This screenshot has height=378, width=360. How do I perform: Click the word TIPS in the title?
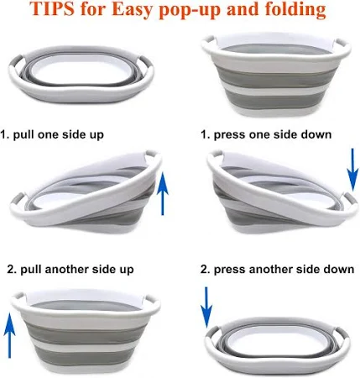pyautogui.click(x=52, y=8)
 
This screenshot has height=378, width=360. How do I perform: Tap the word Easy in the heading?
pyautogui.click(x=132, y=8)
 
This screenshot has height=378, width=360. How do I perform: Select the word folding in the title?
pyautogui.click(x=295, y=9)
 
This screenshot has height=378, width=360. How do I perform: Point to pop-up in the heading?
pyautogui.click(x=190, y=11)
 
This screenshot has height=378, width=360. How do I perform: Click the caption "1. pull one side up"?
pyautogui.click(x=52, y=134)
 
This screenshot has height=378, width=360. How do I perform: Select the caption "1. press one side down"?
pyautogui.click(x=266, y=134)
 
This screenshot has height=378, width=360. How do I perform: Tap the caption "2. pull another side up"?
pyautogui.click(x=70, y=270)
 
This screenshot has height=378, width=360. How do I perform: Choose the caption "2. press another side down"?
pyautogui.click(x=277, y=270)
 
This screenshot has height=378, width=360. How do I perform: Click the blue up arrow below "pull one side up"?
pyautogui.click(x=163, y=194)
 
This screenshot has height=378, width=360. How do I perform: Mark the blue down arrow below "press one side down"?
pyautogui.click(x=352, y=170)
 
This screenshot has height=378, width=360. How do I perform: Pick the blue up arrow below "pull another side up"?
pyautogui.click(x=9, y=335)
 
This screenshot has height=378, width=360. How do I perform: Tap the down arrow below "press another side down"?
pyautogui.click(x=206, y=307)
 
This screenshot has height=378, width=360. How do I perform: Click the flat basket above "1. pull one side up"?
pyautogui.click(x=81, y=75)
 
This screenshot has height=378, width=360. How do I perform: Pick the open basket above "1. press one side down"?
pyautogui.click(x=276, y=75)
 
